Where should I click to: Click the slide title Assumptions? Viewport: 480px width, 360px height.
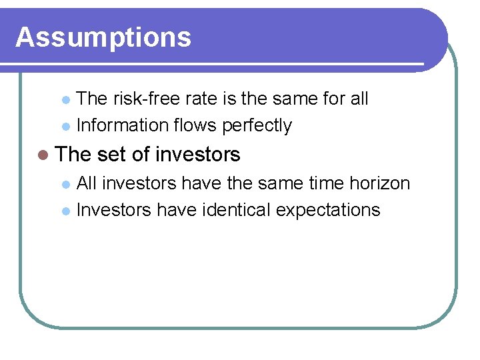(103, 37)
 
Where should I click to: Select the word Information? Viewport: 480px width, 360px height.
(122, 125)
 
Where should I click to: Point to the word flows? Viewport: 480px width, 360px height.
(195, 125)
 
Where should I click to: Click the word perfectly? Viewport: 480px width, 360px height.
(257, 126)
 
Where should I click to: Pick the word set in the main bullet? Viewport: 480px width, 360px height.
(111, 155)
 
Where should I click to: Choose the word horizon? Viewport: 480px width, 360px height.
(378, 183)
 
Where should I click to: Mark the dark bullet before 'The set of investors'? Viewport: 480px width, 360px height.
(43, 155)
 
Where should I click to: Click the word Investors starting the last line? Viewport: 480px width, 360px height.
(115, 210)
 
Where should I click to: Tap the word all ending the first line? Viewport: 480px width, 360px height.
(359, 99)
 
